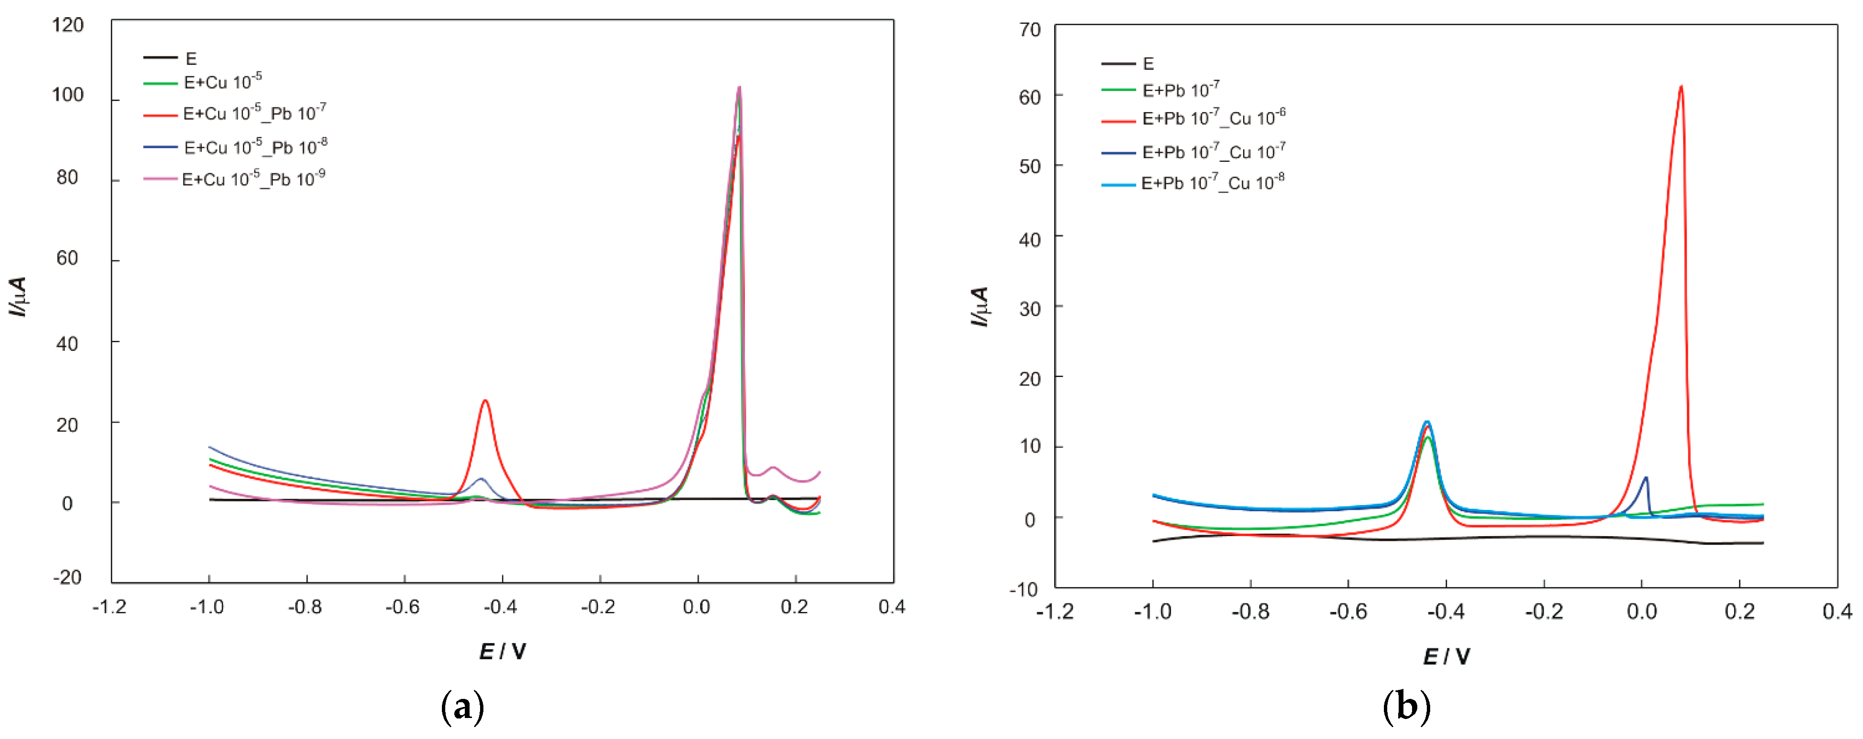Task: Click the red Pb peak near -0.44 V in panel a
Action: tap(485, 401)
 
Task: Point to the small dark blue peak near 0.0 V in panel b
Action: tap(1646, 478)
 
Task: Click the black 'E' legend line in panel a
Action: tap(160, 58)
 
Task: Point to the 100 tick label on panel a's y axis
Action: tap(67, 95)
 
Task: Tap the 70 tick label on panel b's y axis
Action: tap(1029, 30)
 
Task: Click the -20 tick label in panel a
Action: tap(67, 577)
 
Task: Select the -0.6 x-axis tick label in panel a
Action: tap(402, 607)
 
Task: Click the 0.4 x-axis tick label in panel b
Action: tap(1837, 612)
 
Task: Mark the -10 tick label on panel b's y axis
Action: tap(1024, 589)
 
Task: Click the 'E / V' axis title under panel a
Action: tap(502, 652)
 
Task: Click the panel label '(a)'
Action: tap(462, 707)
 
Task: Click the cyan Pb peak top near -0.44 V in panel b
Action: tap(1427, 422)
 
